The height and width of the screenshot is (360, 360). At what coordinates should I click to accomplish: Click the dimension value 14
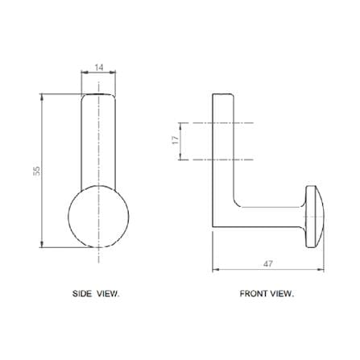[x=99, y=68]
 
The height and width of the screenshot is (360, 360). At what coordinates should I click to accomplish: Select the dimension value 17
[x=176, y=140]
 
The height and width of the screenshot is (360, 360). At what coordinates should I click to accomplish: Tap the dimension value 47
[x=267, y=264]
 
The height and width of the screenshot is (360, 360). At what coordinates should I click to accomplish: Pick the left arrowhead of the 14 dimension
[x=83, y=72]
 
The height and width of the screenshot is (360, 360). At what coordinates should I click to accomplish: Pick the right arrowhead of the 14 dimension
[x=114, y=72]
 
